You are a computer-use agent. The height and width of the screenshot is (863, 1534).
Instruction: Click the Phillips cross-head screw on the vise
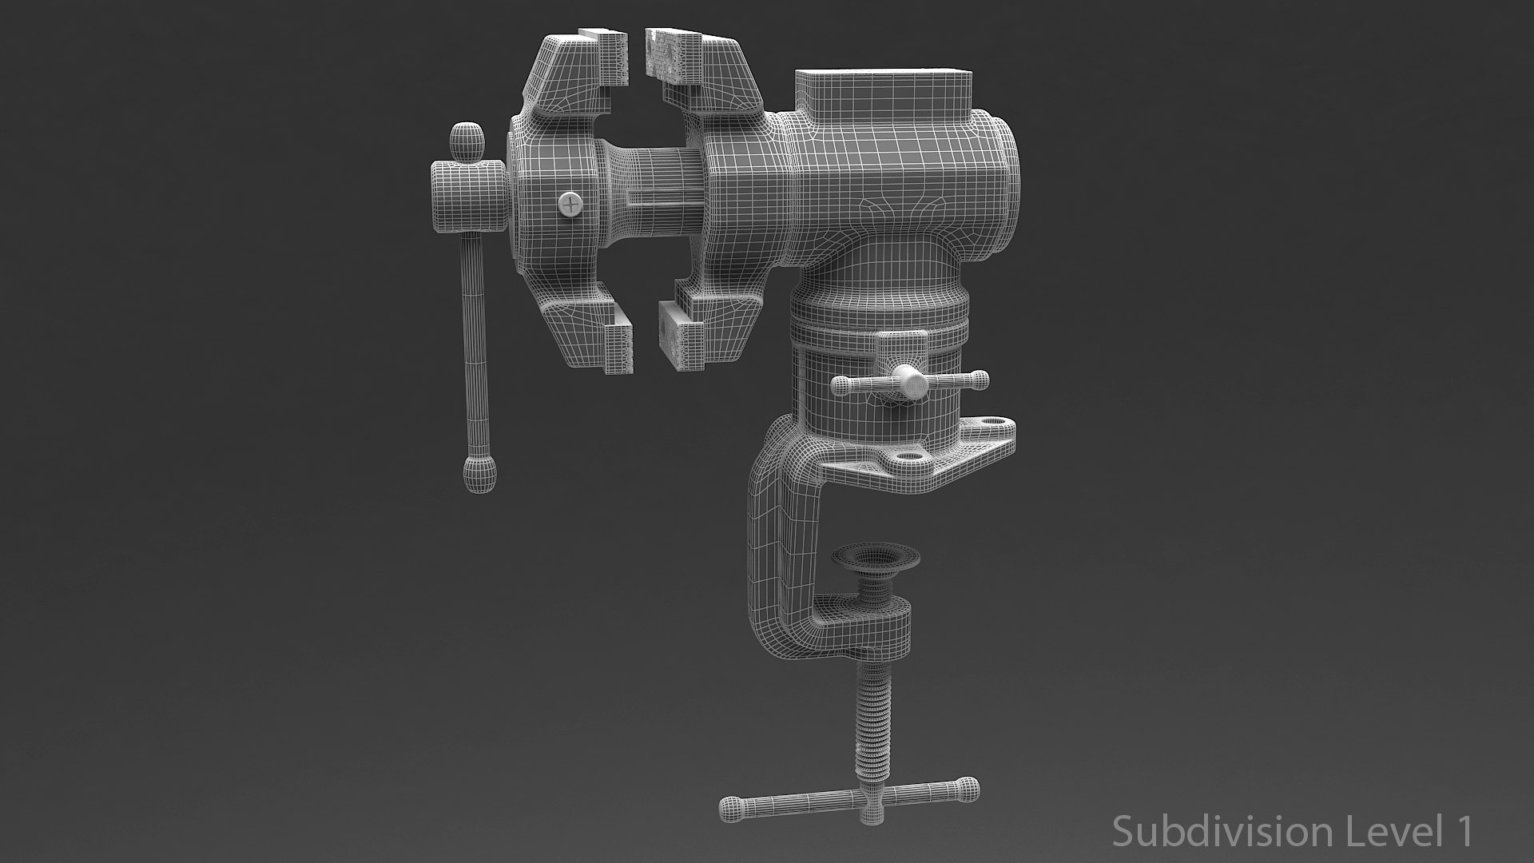tap(570, 205)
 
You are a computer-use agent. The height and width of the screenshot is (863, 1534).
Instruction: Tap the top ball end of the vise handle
tap(468, 141)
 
